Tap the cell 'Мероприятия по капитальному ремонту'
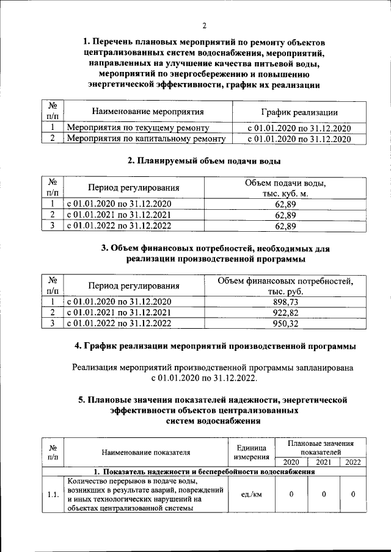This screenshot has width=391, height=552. point(146,139)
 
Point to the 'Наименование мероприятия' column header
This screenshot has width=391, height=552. point(147,112)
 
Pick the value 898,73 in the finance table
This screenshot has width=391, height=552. point(286,302)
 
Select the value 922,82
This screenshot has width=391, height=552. point(286,313)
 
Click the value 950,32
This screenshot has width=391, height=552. point(286,324)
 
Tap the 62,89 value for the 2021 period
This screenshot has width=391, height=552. point(286,215)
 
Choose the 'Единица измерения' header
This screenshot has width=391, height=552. point(250,451)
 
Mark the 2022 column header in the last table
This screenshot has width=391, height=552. point(353,462)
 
